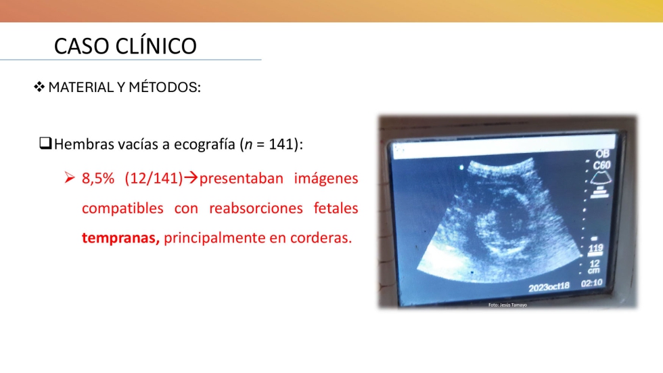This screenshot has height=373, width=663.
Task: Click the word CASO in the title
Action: (81, 46)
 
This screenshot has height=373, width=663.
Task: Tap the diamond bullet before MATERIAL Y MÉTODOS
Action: (39, 87)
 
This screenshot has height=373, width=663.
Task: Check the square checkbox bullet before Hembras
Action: (45, 143)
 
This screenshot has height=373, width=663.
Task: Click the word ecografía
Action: (204, 144)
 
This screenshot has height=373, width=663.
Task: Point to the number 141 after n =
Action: (281, 144)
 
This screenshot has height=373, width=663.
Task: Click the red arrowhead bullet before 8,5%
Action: (70, 177)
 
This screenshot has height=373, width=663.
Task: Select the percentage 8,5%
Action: (98, 179)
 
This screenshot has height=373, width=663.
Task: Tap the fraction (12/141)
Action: (154, 179)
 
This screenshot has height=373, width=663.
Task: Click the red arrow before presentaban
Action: (191, 177)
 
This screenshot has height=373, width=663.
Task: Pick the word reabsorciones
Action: (256, 208)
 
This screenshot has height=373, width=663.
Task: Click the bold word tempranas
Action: (120, 238)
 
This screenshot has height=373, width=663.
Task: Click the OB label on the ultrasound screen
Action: (603, 154)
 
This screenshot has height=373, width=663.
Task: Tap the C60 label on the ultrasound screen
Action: (601, 165)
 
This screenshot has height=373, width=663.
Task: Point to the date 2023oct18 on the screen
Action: (549, 287)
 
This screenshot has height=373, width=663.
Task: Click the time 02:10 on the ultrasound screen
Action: (591, 283)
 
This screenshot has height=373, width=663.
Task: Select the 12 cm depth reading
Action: (594, 267)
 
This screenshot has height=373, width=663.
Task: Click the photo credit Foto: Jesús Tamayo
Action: (507, 305)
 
